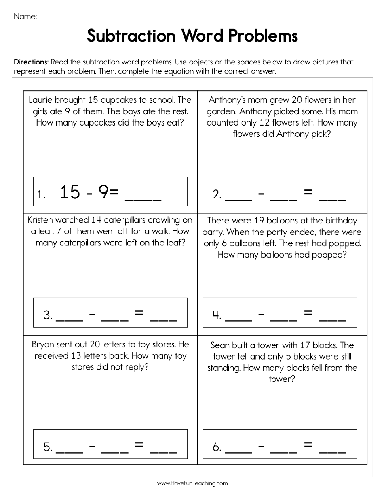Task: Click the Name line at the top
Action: click(117, 18)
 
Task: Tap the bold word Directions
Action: click(31, 62)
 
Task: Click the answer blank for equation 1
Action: click(144, 198)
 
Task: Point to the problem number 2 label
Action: click(217, 195)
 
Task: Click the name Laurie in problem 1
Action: click(40, 100)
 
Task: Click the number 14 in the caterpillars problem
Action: click(95, 220)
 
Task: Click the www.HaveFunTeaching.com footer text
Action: click(192, 483)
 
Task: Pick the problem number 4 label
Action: click(217, 315)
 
